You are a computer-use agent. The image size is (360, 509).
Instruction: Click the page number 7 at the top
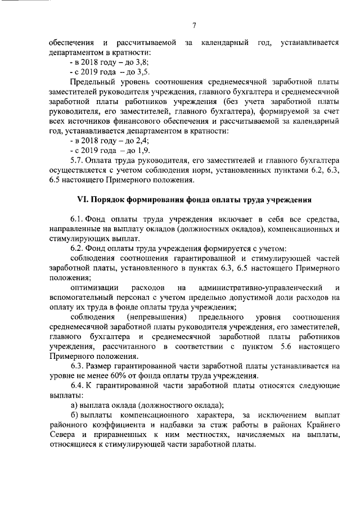193,25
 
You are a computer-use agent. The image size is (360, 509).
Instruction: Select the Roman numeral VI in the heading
82,201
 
